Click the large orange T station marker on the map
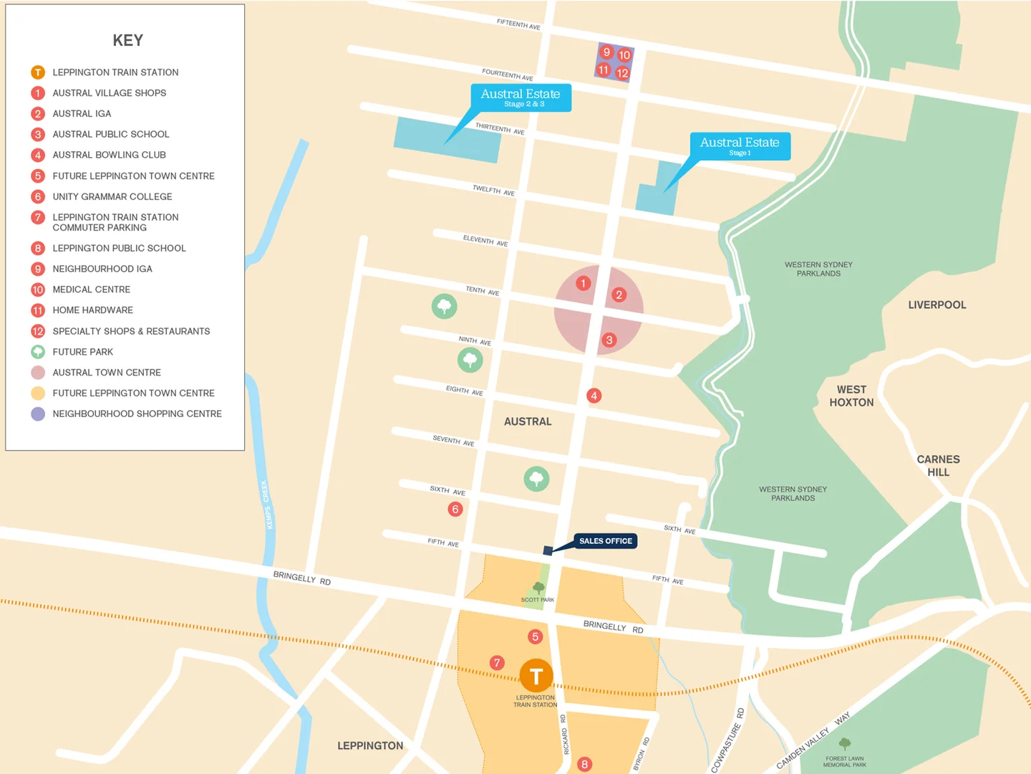[x=536, y=676]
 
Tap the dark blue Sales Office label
[x=606, y=541]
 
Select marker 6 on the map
[x=455, y=509]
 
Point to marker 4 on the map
[x=594, y=396]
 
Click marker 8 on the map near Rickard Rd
[x=584, y=764]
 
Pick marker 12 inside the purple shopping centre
[x=622, y=72]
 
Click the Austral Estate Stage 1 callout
[x=740, y=145]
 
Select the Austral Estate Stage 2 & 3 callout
[x=521, y=97]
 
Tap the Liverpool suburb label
[x=936, y=305]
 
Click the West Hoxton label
[x=851, y=396]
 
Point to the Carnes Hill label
[x=938, y=465]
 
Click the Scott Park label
[x=537, y=600]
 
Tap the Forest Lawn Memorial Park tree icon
[x=845, y=744]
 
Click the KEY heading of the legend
[x=127, y=41]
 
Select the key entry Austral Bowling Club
[x=109, y=155]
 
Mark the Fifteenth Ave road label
[x=518, y=24]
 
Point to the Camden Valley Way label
[x=813, y=740]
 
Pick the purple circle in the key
[x=38, y=414]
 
